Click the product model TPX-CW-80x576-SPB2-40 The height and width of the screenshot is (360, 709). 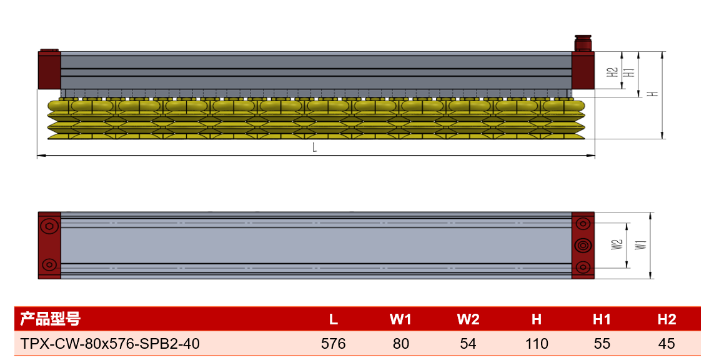tap(110, 344)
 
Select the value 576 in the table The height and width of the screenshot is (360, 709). tap(333, 344)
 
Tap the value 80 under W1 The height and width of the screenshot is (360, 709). tap(400, 344)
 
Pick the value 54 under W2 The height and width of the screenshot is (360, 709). tap(468, 344)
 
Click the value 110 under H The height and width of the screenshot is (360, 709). tap(537, 344)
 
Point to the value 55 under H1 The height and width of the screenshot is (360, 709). tap(602, 344)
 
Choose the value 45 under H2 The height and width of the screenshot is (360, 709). tap(667, 344)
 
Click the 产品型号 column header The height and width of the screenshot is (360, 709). tap(50, 319)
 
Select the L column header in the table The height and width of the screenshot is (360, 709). tap(333, 319)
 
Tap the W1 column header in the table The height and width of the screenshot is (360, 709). tap(400, 319)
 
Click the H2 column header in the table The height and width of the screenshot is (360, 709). tap(667, 319)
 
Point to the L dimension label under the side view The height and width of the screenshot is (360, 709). tap(315, 147)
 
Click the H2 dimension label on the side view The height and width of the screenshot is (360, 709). tap(613, 72)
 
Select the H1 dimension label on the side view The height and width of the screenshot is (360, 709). tap(629, 72)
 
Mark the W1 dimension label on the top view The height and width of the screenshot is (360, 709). tap(641, 244)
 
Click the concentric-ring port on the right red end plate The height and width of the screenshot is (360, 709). tap(583, 246)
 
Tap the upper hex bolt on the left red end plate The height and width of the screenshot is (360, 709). tap(49, 226)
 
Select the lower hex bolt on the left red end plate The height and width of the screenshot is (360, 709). tap(49, 264)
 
